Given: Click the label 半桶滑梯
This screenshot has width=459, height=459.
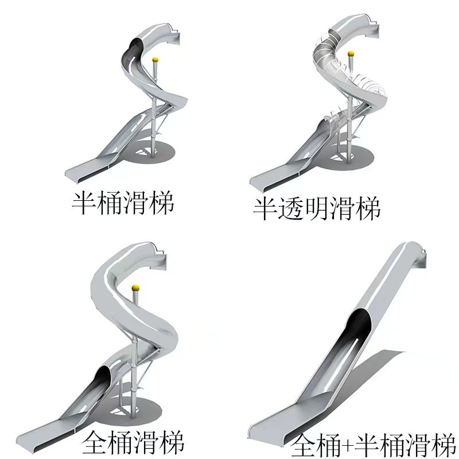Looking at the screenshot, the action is coord(122,202).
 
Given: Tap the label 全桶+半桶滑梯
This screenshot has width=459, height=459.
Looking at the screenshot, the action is coord(373,444).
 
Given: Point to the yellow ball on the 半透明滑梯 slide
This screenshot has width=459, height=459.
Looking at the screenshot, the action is coord(351,55).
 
